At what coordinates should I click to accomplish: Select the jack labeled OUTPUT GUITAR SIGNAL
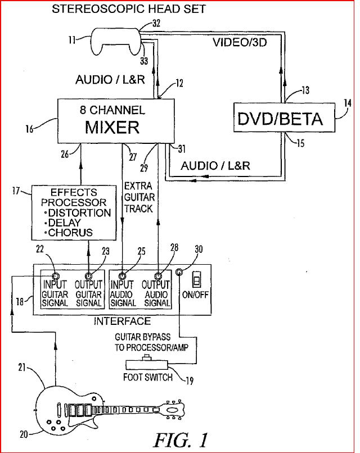(88, 275)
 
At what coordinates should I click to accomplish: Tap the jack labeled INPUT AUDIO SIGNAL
(122, 275)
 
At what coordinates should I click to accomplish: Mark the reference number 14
(347, 103)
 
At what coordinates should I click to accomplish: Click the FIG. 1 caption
(181, 438)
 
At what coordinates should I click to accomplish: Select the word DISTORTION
(79, 213)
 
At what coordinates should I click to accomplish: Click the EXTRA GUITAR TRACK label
(138, 197)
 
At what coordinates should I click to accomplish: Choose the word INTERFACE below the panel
(121, 321)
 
